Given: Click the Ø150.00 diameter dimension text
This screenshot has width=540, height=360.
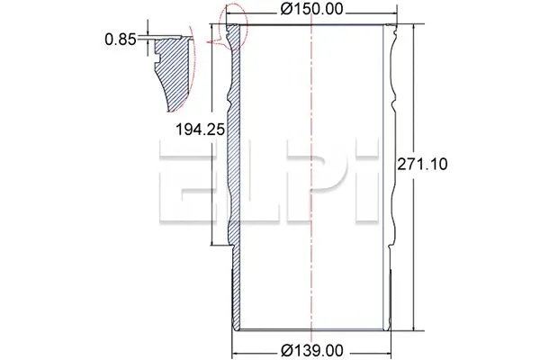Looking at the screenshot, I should (x=310, y=9).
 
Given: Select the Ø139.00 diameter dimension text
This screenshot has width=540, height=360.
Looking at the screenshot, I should (x=311, y=348).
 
